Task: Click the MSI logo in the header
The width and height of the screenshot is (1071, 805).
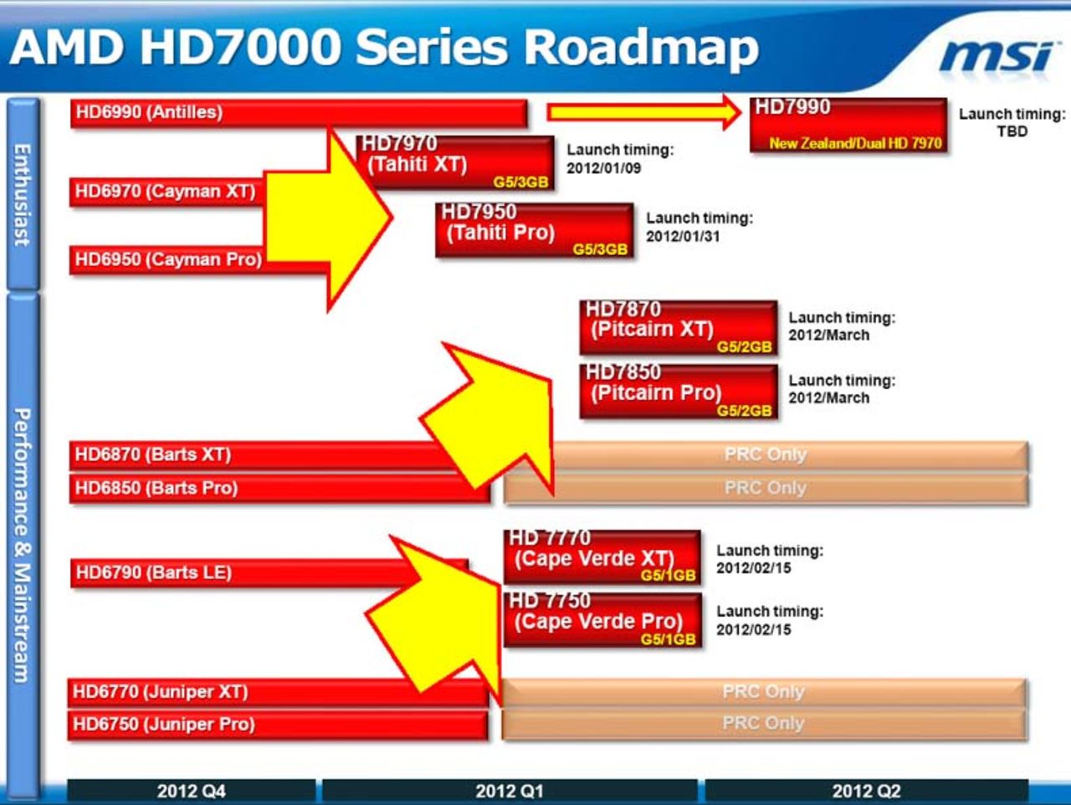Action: coord(995,57)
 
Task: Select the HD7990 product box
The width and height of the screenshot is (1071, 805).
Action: coord(848,126)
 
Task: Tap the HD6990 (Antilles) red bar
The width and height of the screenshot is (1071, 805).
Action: coord(299,112)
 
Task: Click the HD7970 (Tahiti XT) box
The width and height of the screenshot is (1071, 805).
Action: coord(455,162)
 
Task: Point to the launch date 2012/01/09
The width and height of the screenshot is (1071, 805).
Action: coord(603,168)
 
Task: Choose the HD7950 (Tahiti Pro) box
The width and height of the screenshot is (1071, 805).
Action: coord(534,230)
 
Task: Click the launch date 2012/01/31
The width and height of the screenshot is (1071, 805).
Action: coord(682,236)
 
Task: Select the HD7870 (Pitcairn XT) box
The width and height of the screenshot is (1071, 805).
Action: coord(678,327)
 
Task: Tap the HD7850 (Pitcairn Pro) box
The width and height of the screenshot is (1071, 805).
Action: coord(678,391)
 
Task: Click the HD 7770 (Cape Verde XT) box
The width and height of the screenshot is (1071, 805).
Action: coord(602,556)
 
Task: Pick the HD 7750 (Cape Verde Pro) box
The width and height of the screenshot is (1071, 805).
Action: coord(602,620)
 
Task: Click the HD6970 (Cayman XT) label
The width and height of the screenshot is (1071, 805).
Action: coord(165,192)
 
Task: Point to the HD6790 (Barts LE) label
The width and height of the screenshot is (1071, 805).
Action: coord(153,573)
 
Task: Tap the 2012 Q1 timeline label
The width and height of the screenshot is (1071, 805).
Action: coord(509,791)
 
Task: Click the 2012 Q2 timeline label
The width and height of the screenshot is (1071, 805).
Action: coord(866,791)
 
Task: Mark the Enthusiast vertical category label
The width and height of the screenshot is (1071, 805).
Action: coord(23,194)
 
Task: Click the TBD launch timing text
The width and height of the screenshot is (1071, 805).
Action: coord(1012,131)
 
